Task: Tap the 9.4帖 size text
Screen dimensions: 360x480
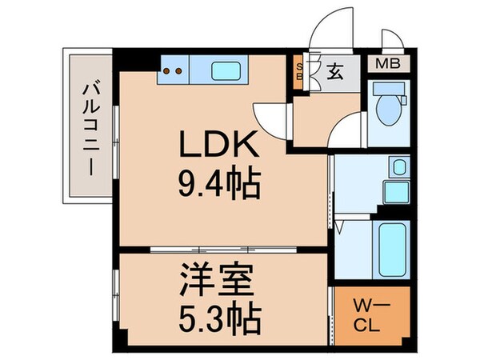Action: (x=218, y=186)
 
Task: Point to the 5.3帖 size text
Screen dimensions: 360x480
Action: (x=218, y=319)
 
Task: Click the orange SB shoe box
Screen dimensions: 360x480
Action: (x=300, y=72)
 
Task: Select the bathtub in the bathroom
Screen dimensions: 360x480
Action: (x=390, y=244)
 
